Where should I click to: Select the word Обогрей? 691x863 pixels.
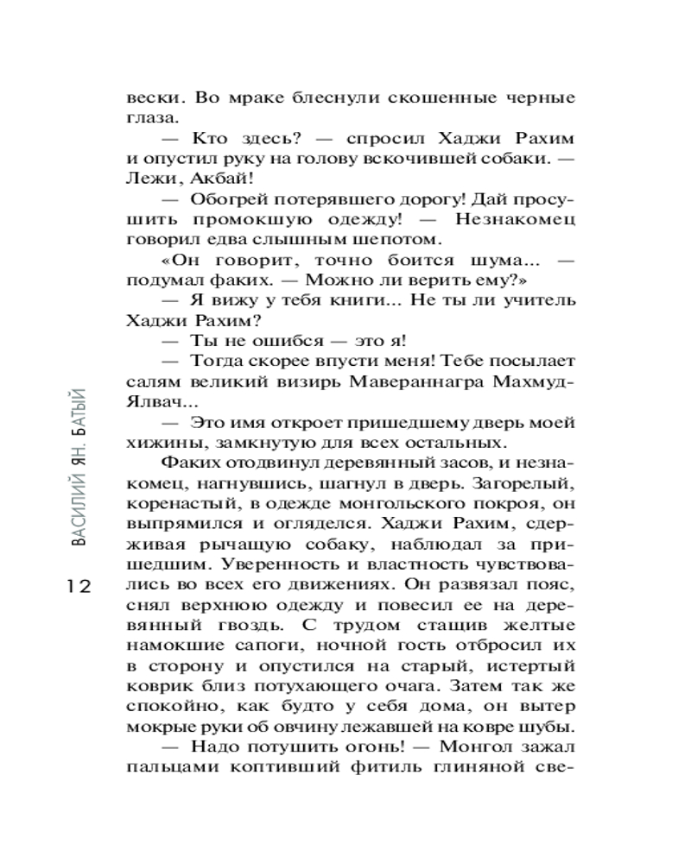coord(225,200)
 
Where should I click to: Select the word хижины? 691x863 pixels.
coord(159,443)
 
